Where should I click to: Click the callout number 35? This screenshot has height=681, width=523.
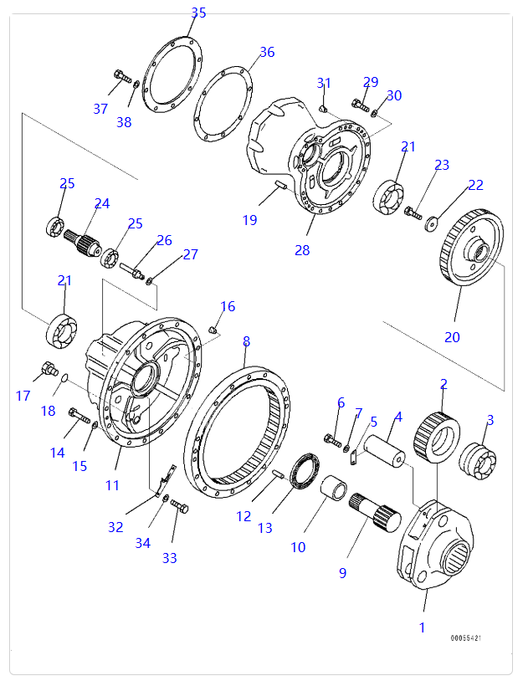tap(198, 13)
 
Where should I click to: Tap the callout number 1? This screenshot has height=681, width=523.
tap(422, 627)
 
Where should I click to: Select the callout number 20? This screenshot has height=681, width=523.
tap(452, 337)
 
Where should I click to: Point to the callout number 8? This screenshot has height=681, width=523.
tap(246, 341)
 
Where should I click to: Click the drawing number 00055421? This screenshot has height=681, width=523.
tap(466, 638)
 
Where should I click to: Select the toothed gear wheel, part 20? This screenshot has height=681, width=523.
tap(472, 251)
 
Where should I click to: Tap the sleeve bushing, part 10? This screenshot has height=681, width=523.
tap(334, 489)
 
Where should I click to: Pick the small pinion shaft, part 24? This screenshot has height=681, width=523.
tap(81, 242)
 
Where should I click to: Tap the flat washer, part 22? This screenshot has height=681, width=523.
tap(431, 222)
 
